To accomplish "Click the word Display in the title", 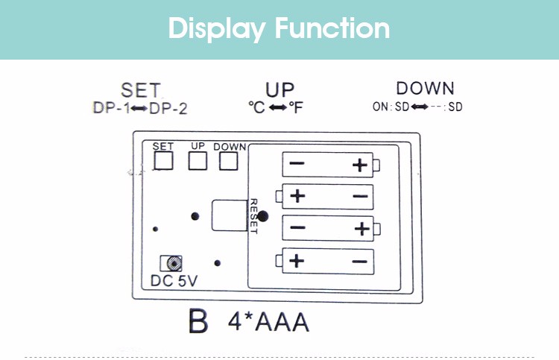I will coord(217,28).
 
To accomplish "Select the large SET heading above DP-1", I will coord(140,90).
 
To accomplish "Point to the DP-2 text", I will coord(168,109).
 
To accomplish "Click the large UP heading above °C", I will coord(279,90).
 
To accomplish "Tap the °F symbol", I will coord(296,108).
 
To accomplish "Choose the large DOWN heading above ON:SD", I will coord(425,89).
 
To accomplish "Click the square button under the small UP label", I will coord(198,160).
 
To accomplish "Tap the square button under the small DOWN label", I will coord(229,160).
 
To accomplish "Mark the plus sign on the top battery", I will coord(361,165).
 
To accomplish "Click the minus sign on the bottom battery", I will coord(359,261).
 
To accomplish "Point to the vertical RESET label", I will coord(253,216).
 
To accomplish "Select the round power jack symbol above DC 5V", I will coord(173,263).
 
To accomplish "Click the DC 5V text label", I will coord(174,281).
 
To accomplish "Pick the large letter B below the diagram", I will coord(198,322).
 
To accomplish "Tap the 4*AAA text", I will coord(268,323).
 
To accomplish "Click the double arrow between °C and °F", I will coord(278,108).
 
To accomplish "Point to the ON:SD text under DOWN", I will coord(391,107).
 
